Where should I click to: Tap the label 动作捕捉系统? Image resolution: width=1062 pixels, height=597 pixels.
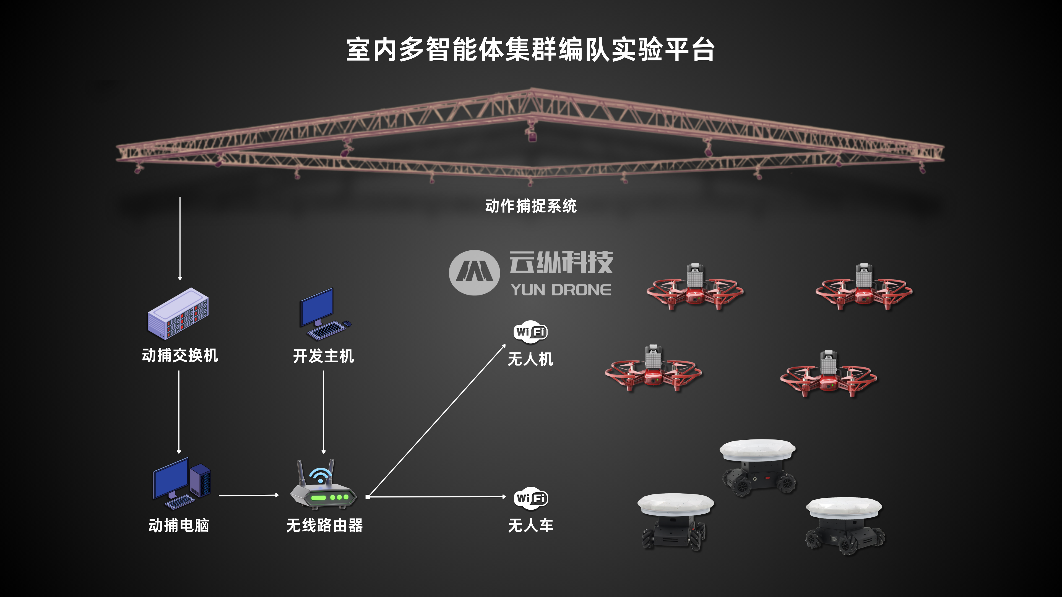531,206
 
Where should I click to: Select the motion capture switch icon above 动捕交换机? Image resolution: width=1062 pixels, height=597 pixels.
178,313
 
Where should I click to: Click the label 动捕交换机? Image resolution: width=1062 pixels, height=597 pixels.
180,355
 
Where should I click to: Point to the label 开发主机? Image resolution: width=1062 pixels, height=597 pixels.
324,356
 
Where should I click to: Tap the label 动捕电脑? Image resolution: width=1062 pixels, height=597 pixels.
179,525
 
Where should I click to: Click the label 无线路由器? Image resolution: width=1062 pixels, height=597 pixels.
324,525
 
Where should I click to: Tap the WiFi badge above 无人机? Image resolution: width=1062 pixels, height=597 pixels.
531,331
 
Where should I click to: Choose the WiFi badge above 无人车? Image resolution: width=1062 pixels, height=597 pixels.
531,498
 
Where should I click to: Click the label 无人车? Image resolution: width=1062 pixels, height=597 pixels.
531,525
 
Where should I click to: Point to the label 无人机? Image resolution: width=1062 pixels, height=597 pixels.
531,359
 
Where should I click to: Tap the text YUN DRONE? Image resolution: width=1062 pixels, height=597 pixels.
561,290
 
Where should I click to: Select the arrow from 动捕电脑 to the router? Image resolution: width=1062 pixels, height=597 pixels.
249,495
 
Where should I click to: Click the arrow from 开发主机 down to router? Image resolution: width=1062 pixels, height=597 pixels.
324,412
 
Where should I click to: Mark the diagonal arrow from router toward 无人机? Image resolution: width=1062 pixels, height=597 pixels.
436,420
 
